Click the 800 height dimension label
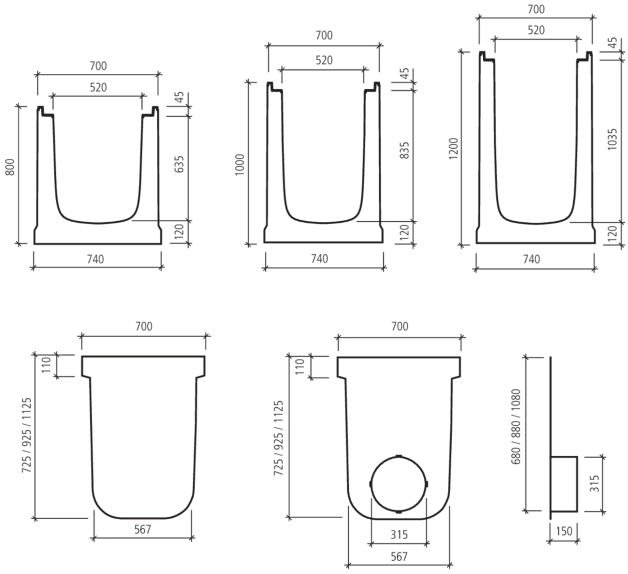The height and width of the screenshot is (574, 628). (10, 167)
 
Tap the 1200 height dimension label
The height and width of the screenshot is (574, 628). (454, 149)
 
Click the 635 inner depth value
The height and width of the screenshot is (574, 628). (179, 164)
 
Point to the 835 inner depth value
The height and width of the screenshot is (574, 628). (405, 150)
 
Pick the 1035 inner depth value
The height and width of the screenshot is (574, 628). (612, 139)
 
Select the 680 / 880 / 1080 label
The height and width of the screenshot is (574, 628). (515, 427)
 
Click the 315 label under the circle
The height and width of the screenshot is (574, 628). (399, 534)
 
